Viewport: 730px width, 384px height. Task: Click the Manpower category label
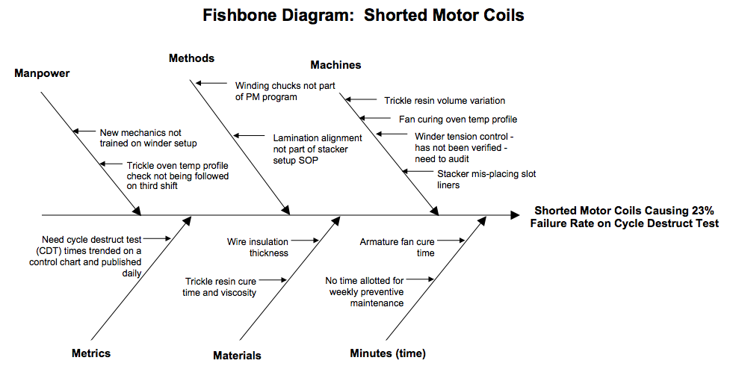(x=43, y=73)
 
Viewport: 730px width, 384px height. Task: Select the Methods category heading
(x=191, y=58)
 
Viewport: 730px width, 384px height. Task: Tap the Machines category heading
(x=335, y=65)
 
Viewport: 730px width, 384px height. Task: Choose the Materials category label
(x=237, y=356)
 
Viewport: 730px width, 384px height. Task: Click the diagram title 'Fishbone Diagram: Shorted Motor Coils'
(x=364, y=15)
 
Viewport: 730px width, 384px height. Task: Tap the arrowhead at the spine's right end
(x=515, y=215)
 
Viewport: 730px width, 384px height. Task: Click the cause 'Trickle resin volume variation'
(x=445, y=100)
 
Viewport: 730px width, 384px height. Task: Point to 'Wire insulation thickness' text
(x=258, y=247)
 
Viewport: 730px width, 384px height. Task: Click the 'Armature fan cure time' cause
(x=397, y=247)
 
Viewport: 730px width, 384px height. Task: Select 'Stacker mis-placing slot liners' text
(x=486, y=179)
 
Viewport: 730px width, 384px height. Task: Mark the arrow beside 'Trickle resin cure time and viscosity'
(x=273, y=280)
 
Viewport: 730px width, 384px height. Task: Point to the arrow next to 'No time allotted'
(x=421, y=280)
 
